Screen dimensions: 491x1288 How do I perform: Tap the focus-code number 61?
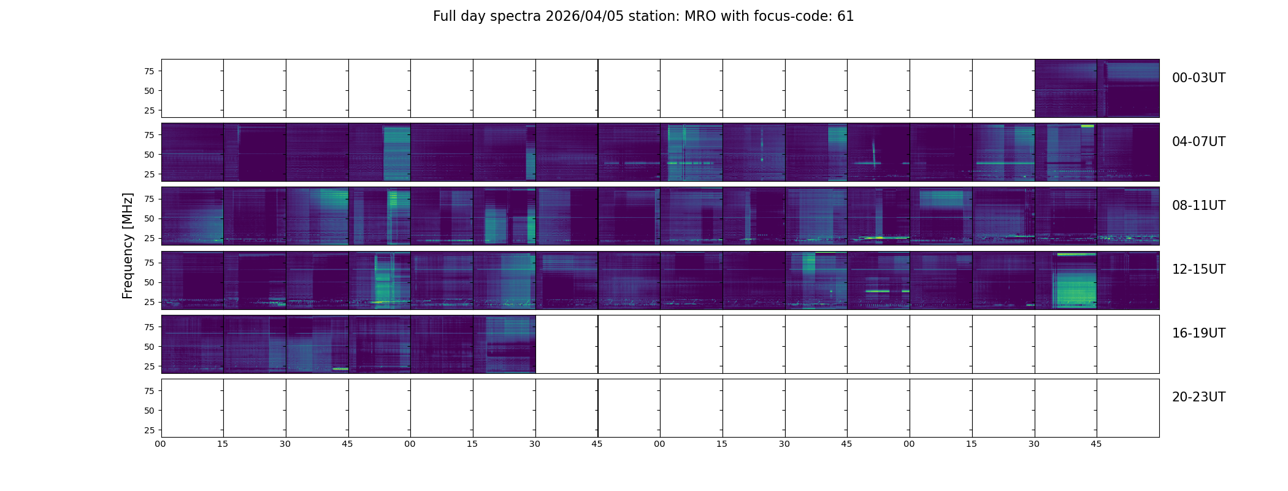point(845,17)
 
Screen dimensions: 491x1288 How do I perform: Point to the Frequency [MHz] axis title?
point(128,245)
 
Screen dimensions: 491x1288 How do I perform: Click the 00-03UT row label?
point(1198,78)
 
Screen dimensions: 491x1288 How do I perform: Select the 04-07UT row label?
point(1198,142)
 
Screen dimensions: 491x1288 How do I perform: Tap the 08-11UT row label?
point(1198,206)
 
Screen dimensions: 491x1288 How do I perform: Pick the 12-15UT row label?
point(1198,269)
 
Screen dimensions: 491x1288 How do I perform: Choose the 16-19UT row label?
point(1198,333)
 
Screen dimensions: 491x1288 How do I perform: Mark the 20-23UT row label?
point(1198,397)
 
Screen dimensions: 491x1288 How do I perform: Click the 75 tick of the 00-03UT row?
point(149,71)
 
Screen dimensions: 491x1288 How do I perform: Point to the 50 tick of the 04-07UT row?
point(149,155)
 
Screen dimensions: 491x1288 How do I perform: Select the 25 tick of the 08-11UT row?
point(149,238)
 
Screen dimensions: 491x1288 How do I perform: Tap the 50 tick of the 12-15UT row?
point(149,282)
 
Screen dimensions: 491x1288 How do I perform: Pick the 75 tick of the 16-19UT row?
point(149,327)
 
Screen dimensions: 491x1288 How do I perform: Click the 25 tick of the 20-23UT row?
point(149,430)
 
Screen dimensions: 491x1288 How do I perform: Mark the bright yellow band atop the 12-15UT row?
point(1076,254)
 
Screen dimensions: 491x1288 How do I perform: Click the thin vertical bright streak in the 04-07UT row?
point(873,150)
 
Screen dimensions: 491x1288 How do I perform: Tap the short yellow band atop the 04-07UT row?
point(1087,126)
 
